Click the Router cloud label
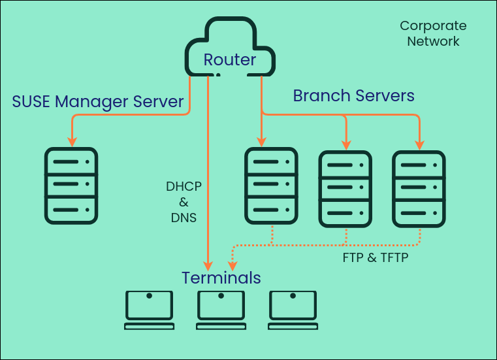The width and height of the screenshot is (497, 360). click(229, 60)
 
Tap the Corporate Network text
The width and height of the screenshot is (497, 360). click(433, 33)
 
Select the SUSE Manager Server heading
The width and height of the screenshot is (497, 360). click(98, 101)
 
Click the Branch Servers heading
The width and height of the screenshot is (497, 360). click(353, 95)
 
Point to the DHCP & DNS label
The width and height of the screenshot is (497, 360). click(184, 202)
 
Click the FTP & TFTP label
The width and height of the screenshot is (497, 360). click(375, 257)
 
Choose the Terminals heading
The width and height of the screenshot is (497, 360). click(221, 278)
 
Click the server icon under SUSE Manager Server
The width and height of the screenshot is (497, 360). click(71, 186)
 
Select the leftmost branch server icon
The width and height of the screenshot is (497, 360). click(271, 186)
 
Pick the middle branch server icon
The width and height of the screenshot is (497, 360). click(345, 189)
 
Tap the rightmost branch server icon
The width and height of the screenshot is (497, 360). click(419, 189)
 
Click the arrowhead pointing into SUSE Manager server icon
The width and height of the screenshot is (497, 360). click(71, 141)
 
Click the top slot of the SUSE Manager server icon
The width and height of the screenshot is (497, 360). click(71, 161)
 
